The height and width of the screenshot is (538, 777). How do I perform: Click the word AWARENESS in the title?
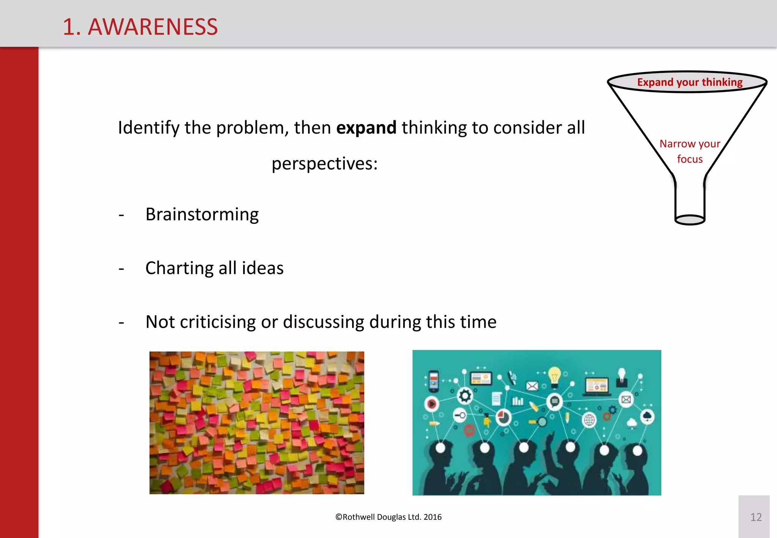click(153, 27)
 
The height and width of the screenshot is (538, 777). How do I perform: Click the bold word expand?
click(366, 128)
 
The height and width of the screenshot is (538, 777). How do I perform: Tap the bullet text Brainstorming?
click(202, 215)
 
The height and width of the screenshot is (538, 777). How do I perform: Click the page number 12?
click(756, 517)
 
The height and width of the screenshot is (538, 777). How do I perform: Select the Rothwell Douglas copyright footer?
click(388, 517)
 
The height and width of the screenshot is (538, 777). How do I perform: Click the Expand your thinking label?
click(689, 82)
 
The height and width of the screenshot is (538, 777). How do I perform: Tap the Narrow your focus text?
click(689, 151)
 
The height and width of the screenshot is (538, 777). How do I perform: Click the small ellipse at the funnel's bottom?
click(690, 220)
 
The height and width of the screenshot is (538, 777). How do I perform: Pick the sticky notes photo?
click(256, 422)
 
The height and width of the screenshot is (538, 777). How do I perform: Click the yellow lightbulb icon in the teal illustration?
click(554, 376)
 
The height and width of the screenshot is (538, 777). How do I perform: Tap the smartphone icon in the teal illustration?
click(433, 381)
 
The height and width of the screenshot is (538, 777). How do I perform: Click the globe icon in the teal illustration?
click(589, 420)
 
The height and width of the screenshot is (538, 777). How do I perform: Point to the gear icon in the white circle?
click(465, 396)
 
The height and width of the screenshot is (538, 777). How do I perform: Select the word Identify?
click(148, 128)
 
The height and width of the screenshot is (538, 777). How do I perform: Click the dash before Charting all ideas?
click(121, 269)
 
